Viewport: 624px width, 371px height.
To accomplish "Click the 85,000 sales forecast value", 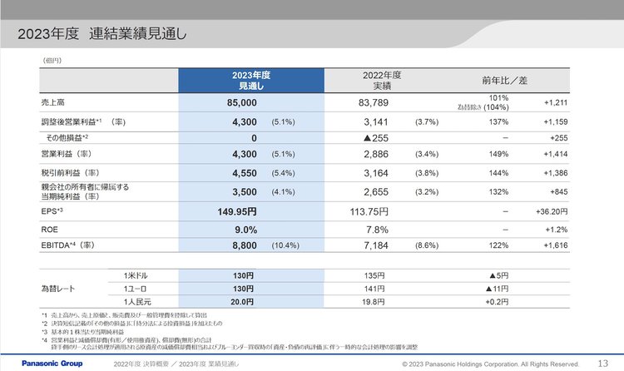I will pyautogui.click(x=241, y=103).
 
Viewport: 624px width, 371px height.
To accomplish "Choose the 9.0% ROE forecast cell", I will pyautogui.click(x=245, y=230).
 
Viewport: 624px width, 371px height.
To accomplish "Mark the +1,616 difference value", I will pyautogui.click(x=555, y=247).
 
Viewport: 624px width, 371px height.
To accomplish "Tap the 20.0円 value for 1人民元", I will pyautogui.click(x=241, y=301).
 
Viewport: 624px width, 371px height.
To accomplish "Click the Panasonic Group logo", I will pyautogui.click(x=40, y=364).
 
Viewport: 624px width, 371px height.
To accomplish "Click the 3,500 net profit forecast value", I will pyautogui.click(x=241, y=190).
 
